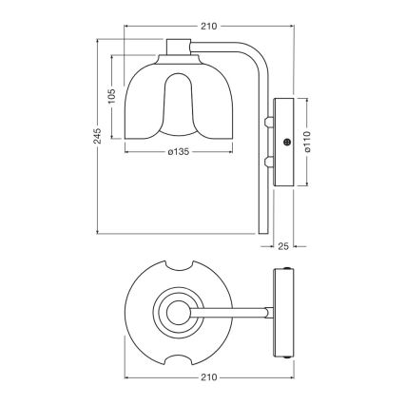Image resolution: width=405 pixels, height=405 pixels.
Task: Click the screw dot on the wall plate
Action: pos(287,142)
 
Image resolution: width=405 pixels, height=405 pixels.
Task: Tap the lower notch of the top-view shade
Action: pos(179,353)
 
